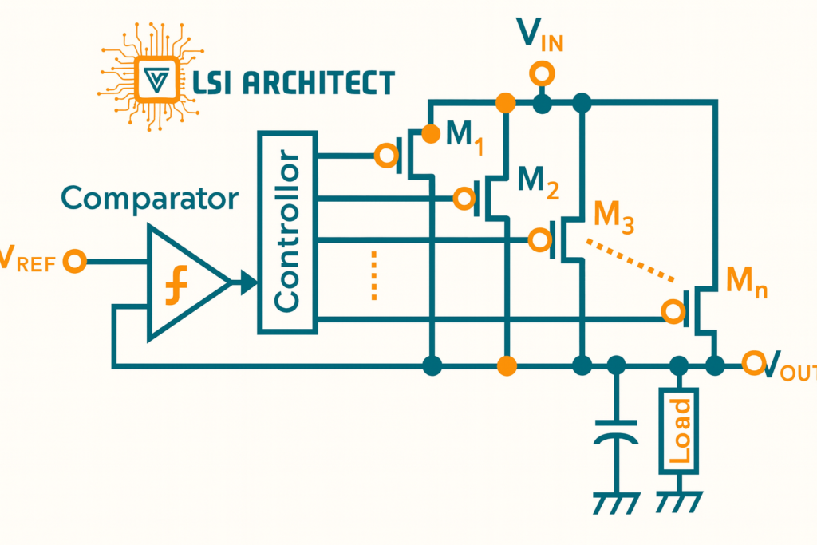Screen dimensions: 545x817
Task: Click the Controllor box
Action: (287, 231)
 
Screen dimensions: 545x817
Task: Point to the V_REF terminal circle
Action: (75, 260)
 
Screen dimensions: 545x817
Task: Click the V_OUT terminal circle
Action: (752, 364)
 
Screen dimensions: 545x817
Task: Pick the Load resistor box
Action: (679, 431)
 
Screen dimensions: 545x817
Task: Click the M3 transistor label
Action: (614, 215)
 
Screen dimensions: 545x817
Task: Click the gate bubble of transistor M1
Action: (387, 156)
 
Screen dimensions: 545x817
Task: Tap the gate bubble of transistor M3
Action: (540, 239)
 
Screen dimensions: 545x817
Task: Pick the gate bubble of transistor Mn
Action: (674, 310)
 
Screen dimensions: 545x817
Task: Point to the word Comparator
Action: (149, 198)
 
